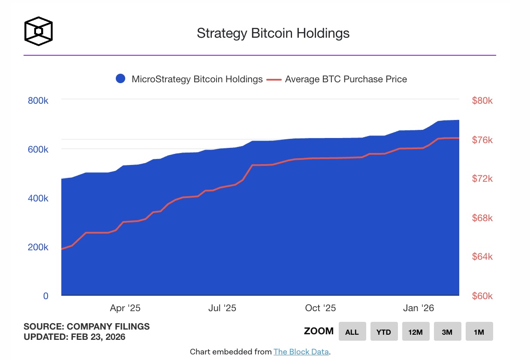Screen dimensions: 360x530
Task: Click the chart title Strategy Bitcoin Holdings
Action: coord(273,33)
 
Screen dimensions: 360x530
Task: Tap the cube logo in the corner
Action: coord(39,31)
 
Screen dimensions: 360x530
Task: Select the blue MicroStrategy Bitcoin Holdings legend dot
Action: coord(120,79)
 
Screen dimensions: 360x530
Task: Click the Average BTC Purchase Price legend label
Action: coord(346,79)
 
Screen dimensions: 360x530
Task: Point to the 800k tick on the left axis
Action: coord(37,100)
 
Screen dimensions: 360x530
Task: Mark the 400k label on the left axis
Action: coord(37,198)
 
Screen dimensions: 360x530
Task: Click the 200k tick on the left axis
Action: coord(37,247)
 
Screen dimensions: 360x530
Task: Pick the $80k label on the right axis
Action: coord(482,101)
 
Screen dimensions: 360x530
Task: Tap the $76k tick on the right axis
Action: coord(482,140)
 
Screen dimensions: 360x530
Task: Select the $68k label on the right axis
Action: coord(482,218)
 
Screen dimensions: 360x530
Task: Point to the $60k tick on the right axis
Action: coord(482,296)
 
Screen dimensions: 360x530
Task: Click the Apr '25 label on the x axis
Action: coord(125,308)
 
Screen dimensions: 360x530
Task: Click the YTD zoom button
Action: coord(384,332)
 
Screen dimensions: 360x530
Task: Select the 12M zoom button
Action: coord(416,332)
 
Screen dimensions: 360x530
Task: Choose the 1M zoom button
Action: coord(479,332)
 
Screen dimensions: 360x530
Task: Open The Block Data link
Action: coord(301,352)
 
